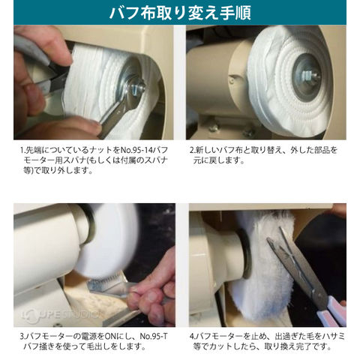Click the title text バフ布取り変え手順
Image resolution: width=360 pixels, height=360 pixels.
point(180,13)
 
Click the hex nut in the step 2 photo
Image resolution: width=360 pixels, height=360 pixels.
point(307,74)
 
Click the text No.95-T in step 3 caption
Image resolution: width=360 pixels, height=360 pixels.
point(154,336)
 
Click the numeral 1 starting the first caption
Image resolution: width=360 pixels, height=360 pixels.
point(22,150)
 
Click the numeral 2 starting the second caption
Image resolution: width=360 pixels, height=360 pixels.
point(192,150)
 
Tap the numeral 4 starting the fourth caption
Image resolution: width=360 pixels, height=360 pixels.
point(192,336)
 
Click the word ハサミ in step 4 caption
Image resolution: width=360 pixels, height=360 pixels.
point(332,336)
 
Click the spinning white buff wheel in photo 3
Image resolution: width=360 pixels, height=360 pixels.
point(107,240)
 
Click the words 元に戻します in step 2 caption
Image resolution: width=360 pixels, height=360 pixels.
point(218,160)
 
